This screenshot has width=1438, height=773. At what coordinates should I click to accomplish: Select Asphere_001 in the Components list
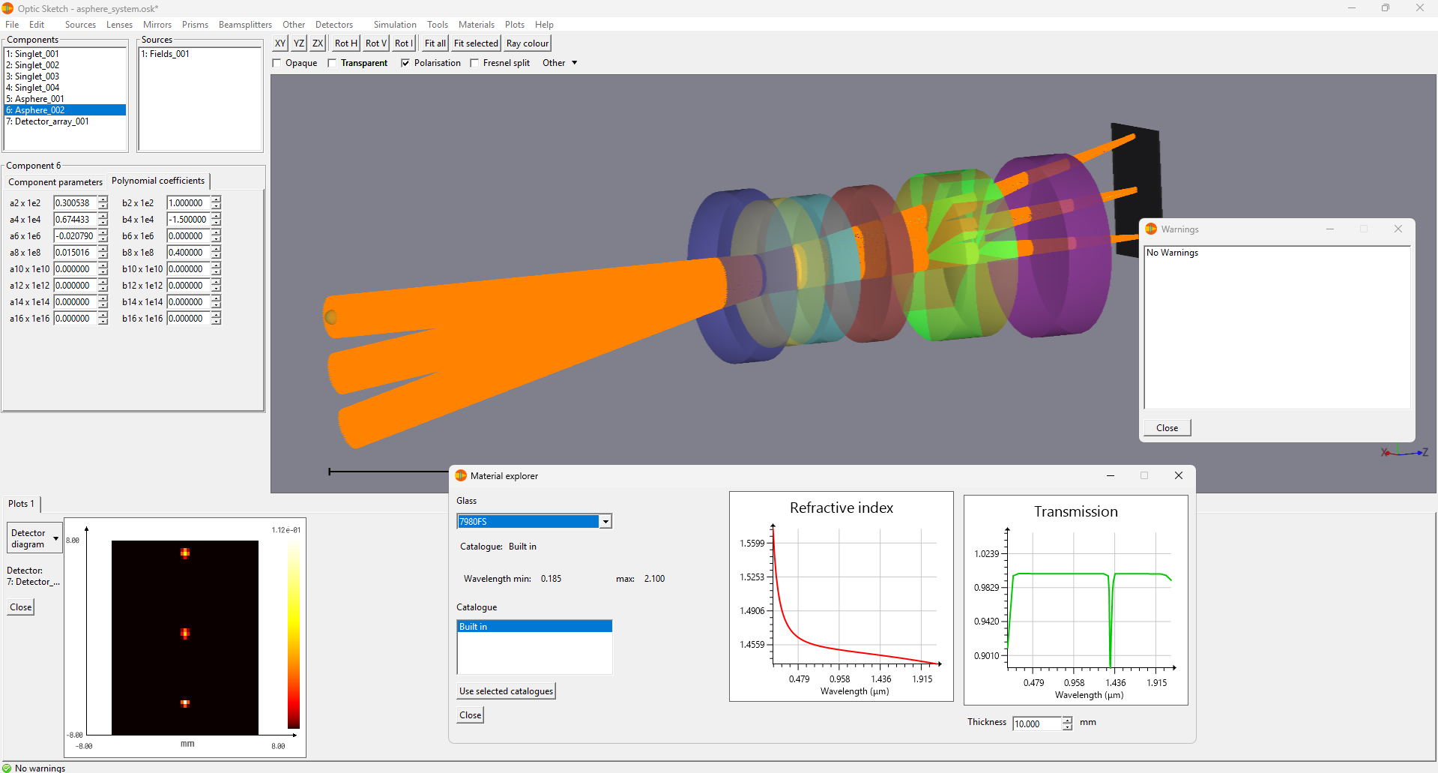coord(35,99)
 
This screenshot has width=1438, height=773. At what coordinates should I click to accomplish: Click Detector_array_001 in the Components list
coord(48,121)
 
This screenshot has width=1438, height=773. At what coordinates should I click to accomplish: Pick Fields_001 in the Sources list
coord(166,54)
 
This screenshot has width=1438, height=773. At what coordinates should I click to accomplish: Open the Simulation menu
coord(395,25)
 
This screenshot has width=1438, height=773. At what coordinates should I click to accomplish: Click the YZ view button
coord(299,43)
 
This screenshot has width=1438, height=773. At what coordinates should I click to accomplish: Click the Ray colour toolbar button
coord(528,43)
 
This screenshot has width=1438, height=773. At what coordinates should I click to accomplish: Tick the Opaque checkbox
coord(277,63)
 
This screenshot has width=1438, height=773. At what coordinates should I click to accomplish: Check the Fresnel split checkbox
coord(474,63)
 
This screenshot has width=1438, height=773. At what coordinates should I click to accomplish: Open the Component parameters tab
coord(55,182)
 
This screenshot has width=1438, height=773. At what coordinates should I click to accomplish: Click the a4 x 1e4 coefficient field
coord(75,220)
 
